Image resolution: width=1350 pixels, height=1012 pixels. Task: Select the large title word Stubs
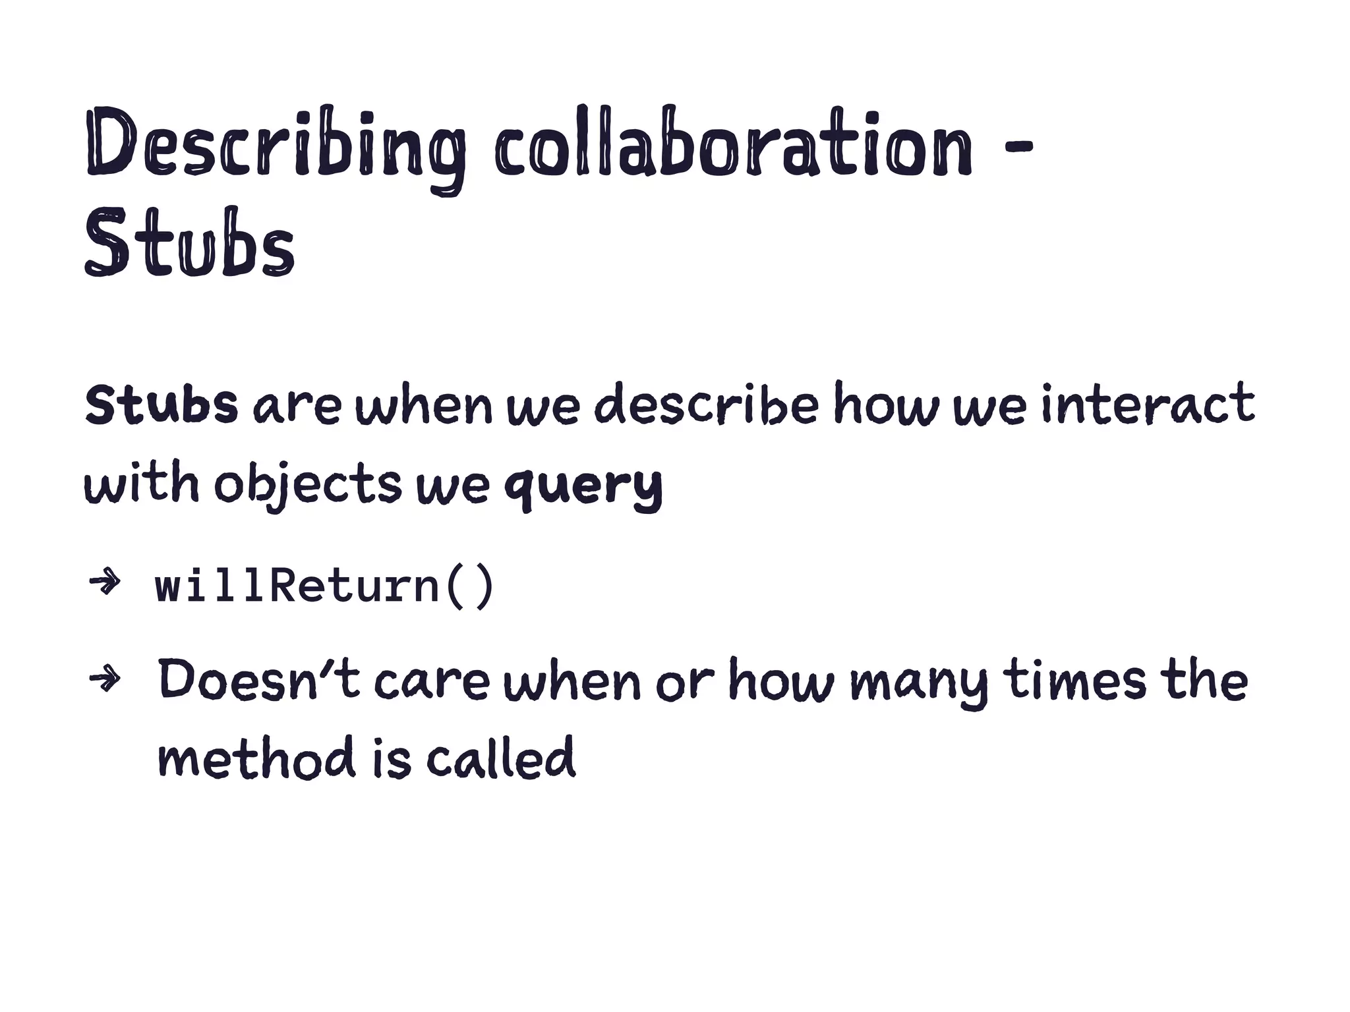pyautogui.click(x=189, y=244)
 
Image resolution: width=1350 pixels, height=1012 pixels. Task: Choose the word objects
pyautogui.click(x=307, y=486)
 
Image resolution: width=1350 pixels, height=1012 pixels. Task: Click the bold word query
pyautogui.click(x=583, y=486)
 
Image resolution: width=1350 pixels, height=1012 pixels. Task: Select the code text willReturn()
pyautogui.click(x=324, y=586)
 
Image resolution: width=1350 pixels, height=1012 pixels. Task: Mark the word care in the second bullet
pyautogui.click(x=432, y=681)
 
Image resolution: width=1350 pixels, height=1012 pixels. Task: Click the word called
pyautogui.click(x=501, y=757)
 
